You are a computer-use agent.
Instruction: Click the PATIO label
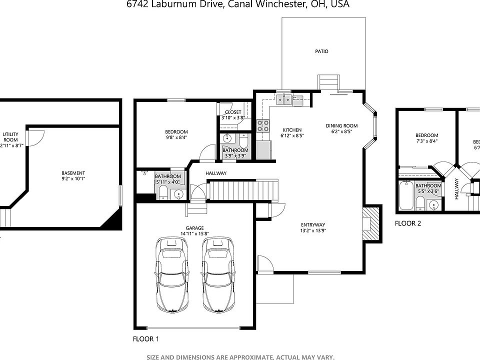321,51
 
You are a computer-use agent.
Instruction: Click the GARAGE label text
194,228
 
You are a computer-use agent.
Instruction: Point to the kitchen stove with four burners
263,125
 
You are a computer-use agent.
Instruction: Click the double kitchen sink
285,100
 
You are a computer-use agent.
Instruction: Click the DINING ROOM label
341,126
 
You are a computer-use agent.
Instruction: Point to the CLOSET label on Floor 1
233,112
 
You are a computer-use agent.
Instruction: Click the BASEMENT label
73,173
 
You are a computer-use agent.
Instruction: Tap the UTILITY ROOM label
10,136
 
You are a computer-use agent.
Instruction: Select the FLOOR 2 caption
408,223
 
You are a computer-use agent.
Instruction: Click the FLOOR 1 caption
145,339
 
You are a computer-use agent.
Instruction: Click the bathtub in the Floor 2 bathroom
406,196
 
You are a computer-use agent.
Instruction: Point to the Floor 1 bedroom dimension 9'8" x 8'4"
176,137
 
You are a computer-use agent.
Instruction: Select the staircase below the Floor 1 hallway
242,190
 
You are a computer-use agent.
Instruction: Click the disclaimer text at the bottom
240,357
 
